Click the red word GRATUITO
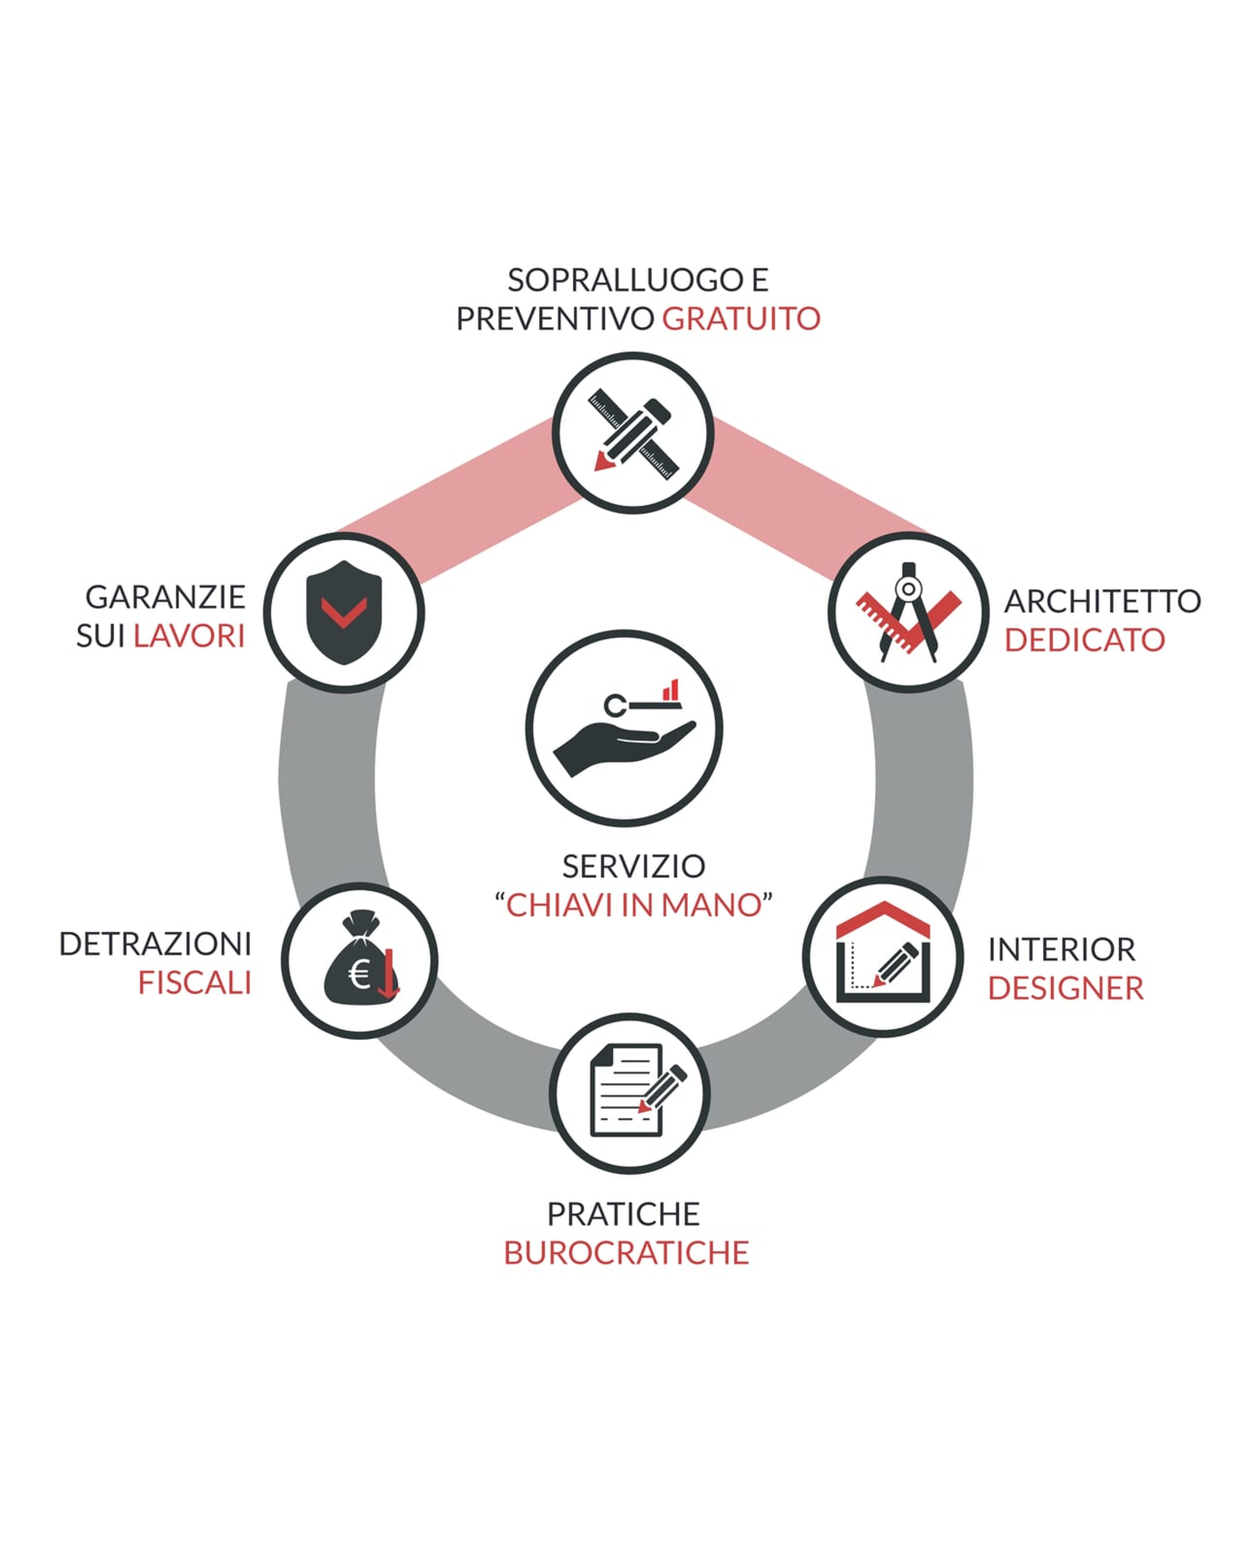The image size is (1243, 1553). pyautogui.click(x=741, y=318)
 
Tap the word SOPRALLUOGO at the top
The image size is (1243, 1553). pyautogui.click(x=625, y=280)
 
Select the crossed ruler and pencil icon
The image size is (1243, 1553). pyautogui.click(x=632, y=434)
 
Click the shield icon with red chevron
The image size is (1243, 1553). pyautogui.click(x=344, y=612)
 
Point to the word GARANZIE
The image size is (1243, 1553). pyautogui.click(x=165, y=597)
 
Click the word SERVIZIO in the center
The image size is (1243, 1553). pyautogui.click(x=633, y=866)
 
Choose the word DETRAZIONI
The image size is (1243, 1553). pyautogui.click(x=155, y=944)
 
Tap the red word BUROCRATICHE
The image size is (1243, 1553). pyautogui.click(x=626, y=1253)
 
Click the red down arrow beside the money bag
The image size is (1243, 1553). pyautogui.click(x=388, y=974)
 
